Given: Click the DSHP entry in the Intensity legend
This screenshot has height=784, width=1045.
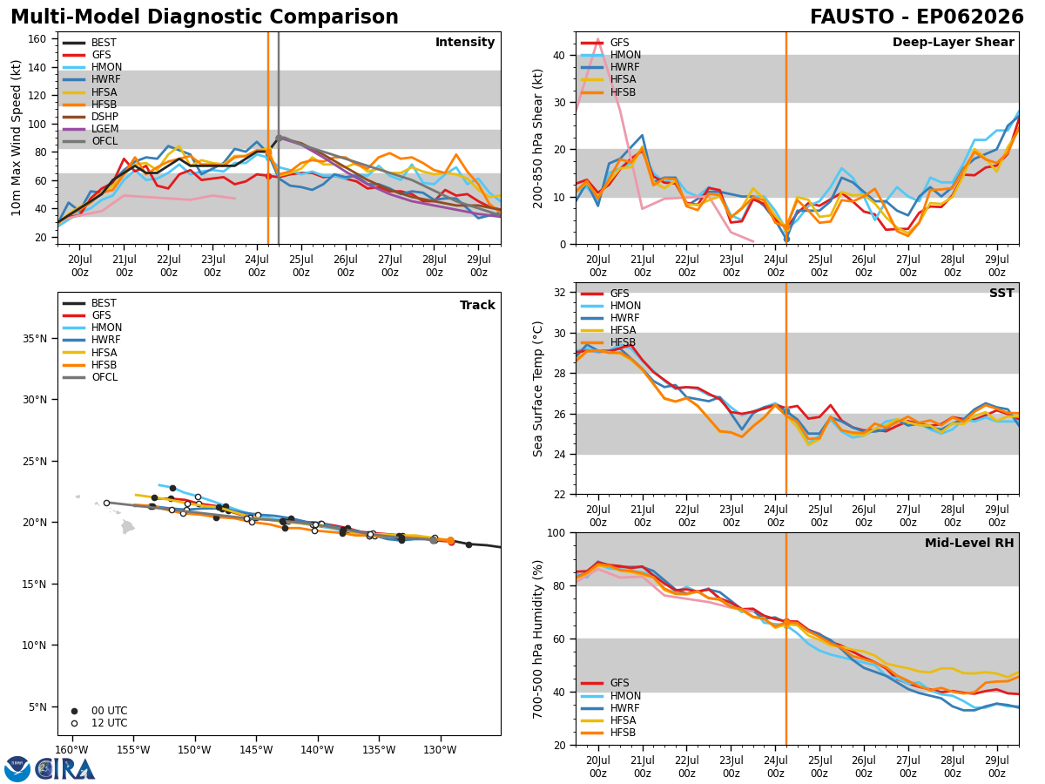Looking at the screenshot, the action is click(x=91, y=117).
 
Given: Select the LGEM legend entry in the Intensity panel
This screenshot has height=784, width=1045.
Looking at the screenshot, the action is click(x=91, y=129).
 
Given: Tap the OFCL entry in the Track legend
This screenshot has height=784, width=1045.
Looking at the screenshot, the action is click(x=90, y=377).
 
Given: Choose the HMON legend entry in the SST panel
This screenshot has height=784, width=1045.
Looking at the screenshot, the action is click(x=610, y=306).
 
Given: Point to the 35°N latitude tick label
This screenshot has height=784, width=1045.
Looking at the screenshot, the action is click(x=35, y=339).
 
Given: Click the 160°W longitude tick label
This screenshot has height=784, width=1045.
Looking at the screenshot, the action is click(x=72, y=750).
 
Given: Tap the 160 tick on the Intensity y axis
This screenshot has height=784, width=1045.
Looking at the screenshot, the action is click(x=37, y=39).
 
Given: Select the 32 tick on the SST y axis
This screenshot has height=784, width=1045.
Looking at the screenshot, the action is click(x=560, y=293).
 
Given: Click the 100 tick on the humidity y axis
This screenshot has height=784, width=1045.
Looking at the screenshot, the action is click(x=556, y=533).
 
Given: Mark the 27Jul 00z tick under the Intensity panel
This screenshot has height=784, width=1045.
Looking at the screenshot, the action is click(x=390, y=266).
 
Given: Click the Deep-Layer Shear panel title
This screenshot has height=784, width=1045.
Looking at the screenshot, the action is click(x=953, y=43).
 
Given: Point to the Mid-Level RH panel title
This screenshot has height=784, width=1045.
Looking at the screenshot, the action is click(x=969, y=543).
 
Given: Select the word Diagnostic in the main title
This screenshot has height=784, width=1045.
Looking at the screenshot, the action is click(x=205, y=17).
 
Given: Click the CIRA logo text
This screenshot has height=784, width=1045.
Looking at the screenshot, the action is click(x=64, y=768).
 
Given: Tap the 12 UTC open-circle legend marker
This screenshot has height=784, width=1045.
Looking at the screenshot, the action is click(x=74, y=723).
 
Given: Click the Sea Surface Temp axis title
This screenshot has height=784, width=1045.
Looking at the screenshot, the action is click(x=537, y=389).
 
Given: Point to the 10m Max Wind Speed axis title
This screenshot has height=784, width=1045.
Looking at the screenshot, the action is click(x=16, y=138).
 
